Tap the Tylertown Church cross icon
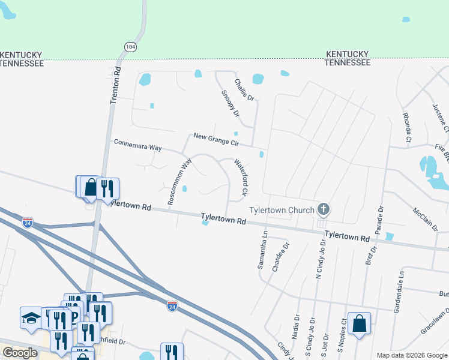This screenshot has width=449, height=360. [x=324, y=209]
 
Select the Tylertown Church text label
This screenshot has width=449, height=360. [x=282, y=210]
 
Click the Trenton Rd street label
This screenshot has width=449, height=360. [x=116, y=85]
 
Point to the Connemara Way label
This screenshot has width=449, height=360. [x=138, y=145]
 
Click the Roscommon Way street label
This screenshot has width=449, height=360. [x=179, y=181]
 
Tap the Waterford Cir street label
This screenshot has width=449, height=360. [x=241, y=177]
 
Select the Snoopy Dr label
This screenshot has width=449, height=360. [x=231, y=103]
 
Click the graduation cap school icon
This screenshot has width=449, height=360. [x=31, y=317]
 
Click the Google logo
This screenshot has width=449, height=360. [x=20, y=353]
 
